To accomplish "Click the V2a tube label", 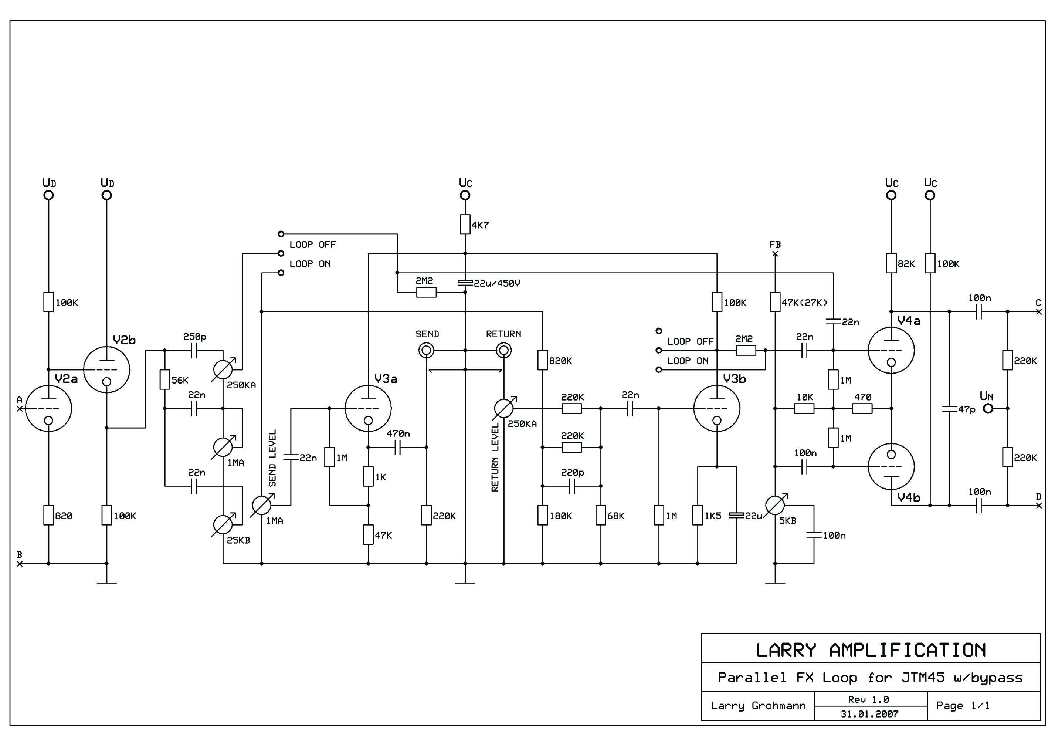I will [x=66, y=379].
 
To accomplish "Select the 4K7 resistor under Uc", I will [x=465, y=224].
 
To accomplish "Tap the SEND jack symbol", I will [x=426, y=351].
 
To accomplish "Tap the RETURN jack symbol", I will [x=503, y=351].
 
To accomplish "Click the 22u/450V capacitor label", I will [x=497, y=284].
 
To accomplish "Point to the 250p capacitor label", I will [x=195, y=337].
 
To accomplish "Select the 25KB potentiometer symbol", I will [x=223, y=524].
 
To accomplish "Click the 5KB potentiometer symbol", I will [x=775, y=506].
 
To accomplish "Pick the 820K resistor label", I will [x=560, y=361].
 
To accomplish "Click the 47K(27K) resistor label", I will [x=804, y=303].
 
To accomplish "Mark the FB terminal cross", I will [x=775, y=254].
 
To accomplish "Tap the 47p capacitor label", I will [x=966, y=409].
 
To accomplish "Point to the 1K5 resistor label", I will [x=713, y=516].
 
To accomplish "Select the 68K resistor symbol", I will [x=601, y=515].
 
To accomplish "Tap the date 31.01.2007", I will [x=869, y=714].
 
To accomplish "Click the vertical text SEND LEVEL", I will [x=272, y=458].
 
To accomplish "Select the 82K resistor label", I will [x=906, y=264].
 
